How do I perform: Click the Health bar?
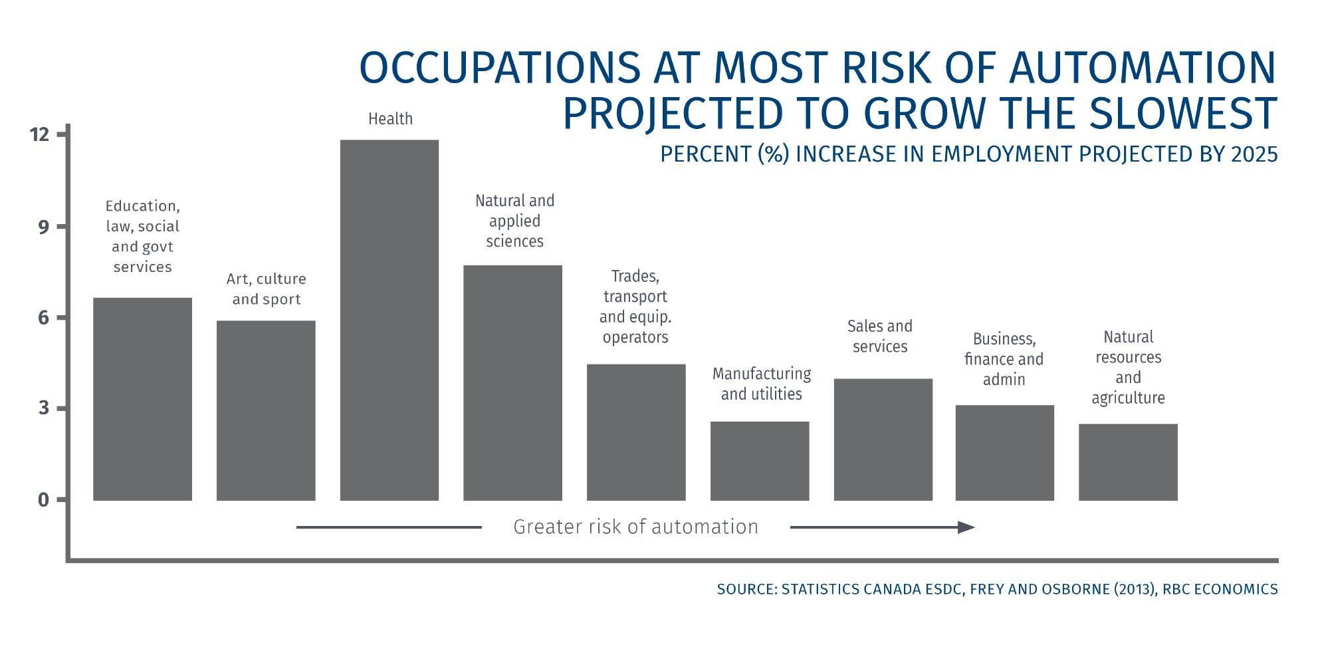tap(389, 319)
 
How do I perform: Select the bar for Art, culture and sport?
tap(266, 410)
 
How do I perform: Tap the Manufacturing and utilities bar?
tap(759, 460)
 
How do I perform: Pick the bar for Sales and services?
tap(883, 439)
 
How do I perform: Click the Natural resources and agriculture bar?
tap(1127, 461)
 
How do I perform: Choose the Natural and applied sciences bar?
tap(512, 382)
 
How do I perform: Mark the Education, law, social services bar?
tap(142, 398)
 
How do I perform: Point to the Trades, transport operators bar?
tap(635, 432)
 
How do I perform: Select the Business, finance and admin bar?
tap(1004, 452)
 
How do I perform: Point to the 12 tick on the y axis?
tap(40, 135)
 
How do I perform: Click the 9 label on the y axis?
tap(44, 227)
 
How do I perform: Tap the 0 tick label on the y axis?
tap(44, 499)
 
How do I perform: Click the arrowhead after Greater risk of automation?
tap(966, 527)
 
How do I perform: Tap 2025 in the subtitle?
tap(1254, 154)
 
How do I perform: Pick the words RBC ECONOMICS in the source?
tap(1220, 589)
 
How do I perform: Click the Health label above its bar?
tap(390, 119)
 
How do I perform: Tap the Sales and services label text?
tap(879, 336)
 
